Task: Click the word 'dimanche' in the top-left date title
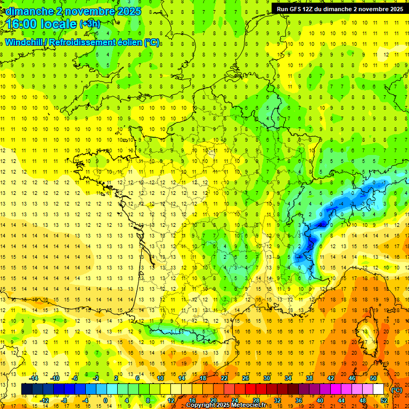coord(27,11)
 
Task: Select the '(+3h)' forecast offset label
coord(89,24)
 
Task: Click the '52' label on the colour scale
coord(383,400)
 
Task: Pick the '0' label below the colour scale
coord(105,400)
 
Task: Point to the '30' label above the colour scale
coord(266,378)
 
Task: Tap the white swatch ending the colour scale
coord(378,389)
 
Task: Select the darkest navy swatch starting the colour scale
coord(27,389)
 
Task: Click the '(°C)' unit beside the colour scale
coord(397,390)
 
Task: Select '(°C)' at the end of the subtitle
coord(152,42)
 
